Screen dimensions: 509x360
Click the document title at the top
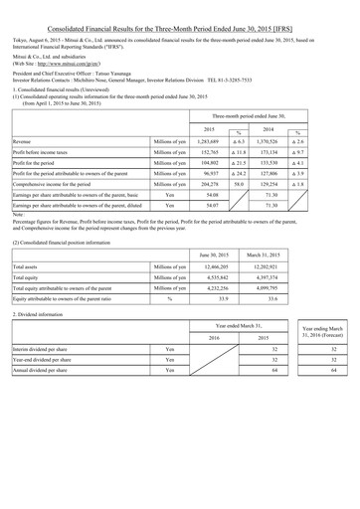[x=180, y=10]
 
